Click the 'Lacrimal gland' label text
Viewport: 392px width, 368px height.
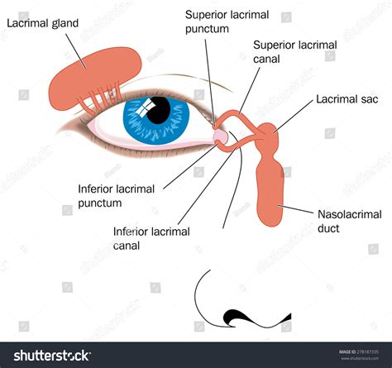pyautogui.click(x=43, y=24)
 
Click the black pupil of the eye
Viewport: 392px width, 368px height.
pyautogui.click(x=159, y=110)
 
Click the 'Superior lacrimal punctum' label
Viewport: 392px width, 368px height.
pyautogui.click(x=227, y=22)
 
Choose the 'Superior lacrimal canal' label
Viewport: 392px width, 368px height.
pyautogui.click(x=295, y=52)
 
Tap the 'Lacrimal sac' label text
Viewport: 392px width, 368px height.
pyautogui.click(x=347, y=99)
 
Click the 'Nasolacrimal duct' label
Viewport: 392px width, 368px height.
pyautogui.click(x=350, y=222)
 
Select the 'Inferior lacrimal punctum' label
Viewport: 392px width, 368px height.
pyautogui.click(x=116, y=196)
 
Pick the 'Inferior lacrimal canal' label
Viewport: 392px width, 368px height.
pyautogui.click(x=151, y=238)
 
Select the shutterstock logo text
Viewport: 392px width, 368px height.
pyautogui.click(x=52, y=356)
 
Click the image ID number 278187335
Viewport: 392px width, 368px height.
pyautogui.click(x=368, y=351)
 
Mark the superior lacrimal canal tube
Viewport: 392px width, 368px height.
pyautogui.click(x=238, y=114)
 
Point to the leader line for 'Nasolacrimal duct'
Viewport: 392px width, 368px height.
pyautogui.click(x=295, y=209)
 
